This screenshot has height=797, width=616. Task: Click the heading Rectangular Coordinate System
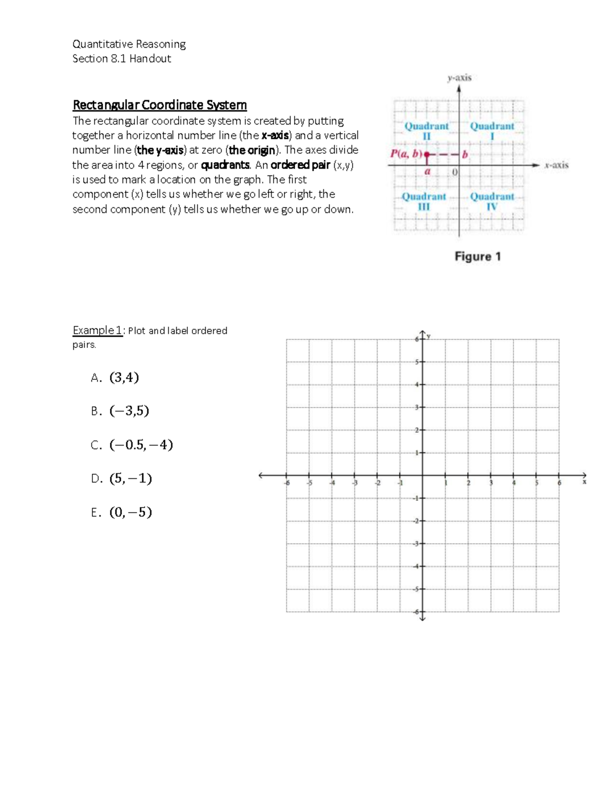[x=160, y=105]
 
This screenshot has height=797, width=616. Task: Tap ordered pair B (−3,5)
[x=129, y=411]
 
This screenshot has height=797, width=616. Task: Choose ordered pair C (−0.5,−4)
[x=141, y=445]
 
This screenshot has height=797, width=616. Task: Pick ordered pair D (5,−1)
[x=130, y=479]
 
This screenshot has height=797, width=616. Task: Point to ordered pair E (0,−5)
[x=130, y=513]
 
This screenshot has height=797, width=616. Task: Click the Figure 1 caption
[x=477, y=257]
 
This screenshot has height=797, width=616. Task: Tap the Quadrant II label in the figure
[x=427, y=131]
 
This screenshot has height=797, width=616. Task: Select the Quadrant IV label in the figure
[x=492, y=202]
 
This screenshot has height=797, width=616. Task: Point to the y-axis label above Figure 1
[x=459, y=78]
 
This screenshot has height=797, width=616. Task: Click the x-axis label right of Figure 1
[x=556, y=165]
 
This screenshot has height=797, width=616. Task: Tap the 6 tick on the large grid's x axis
[x=559, y=483]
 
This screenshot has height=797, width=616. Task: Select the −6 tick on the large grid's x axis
[x=287, y=483]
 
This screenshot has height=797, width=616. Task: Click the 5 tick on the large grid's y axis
[x=417, y=362]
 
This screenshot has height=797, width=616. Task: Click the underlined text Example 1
[x=98, y=331]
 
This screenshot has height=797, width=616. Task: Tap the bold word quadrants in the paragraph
[x=225, y=165]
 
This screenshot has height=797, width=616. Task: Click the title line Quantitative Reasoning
[x=129, y=44]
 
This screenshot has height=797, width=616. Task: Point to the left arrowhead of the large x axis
[x=261, y=475]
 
